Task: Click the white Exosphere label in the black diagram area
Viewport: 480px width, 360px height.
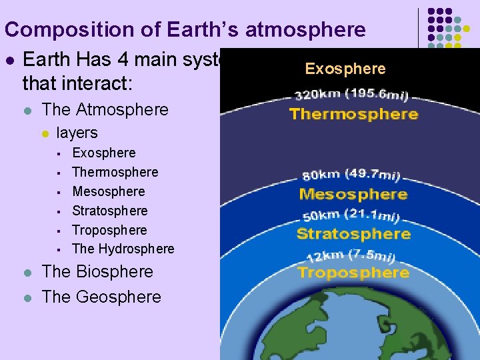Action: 345,69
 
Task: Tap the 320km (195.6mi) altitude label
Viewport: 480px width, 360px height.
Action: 352,95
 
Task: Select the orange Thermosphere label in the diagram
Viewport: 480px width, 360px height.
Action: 353,114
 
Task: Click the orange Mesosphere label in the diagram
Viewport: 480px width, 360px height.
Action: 353,195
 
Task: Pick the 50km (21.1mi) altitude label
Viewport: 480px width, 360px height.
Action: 351,215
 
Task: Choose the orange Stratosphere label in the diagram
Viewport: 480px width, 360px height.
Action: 353,234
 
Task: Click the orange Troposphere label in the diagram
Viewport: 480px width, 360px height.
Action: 353,273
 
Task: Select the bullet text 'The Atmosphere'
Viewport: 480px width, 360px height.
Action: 105,109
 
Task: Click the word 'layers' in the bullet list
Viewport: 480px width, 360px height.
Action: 77,133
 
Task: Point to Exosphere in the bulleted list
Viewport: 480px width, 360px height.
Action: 103,153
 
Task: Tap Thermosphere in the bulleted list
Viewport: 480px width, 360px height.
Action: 115,172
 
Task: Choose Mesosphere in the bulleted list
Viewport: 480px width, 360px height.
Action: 109,191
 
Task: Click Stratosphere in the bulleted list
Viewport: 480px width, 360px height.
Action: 110,211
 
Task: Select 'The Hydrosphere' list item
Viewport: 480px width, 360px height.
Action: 123,249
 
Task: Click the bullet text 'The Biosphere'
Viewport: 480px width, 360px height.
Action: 97,272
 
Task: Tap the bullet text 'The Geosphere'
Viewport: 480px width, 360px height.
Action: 101,297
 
